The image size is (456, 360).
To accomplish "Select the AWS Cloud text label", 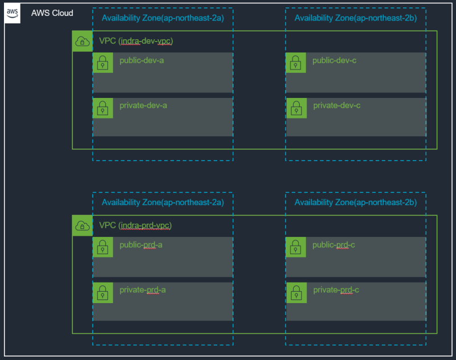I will [x=52, y=13].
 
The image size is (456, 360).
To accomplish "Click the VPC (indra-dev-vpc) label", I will [x=136, y=41].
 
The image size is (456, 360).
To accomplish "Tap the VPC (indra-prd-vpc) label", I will [x=136, y=226].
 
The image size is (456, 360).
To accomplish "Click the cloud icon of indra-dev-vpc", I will [x=83, y=42].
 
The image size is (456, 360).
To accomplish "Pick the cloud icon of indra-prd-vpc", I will [x=83, y=226].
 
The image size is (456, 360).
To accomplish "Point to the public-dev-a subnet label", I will [x=142, y=60].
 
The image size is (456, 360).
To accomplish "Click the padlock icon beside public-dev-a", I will [x=103, y=63].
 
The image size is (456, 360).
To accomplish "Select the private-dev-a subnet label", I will [x=143, y=105].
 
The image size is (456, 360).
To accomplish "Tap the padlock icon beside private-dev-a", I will [x=103, y=108].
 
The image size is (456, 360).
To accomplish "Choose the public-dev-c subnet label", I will [x=335, y=60].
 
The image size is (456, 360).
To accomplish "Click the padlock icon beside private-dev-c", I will [x=296, y=108].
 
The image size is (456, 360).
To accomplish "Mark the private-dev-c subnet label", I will [x=337, y=105].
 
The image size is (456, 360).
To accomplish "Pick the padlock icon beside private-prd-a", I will [x=103, y=293].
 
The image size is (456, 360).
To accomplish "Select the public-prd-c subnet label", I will [x=334, y=245].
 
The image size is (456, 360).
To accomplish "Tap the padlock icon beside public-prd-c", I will [x=296, y=247].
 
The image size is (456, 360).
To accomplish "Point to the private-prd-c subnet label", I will [x=336, y=290].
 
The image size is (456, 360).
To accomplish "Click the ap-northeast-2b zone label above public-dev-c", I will [x=356, y=18].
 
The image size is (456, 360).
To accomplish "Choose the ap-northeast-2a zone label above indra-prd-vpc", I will [x=163, y=202].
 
